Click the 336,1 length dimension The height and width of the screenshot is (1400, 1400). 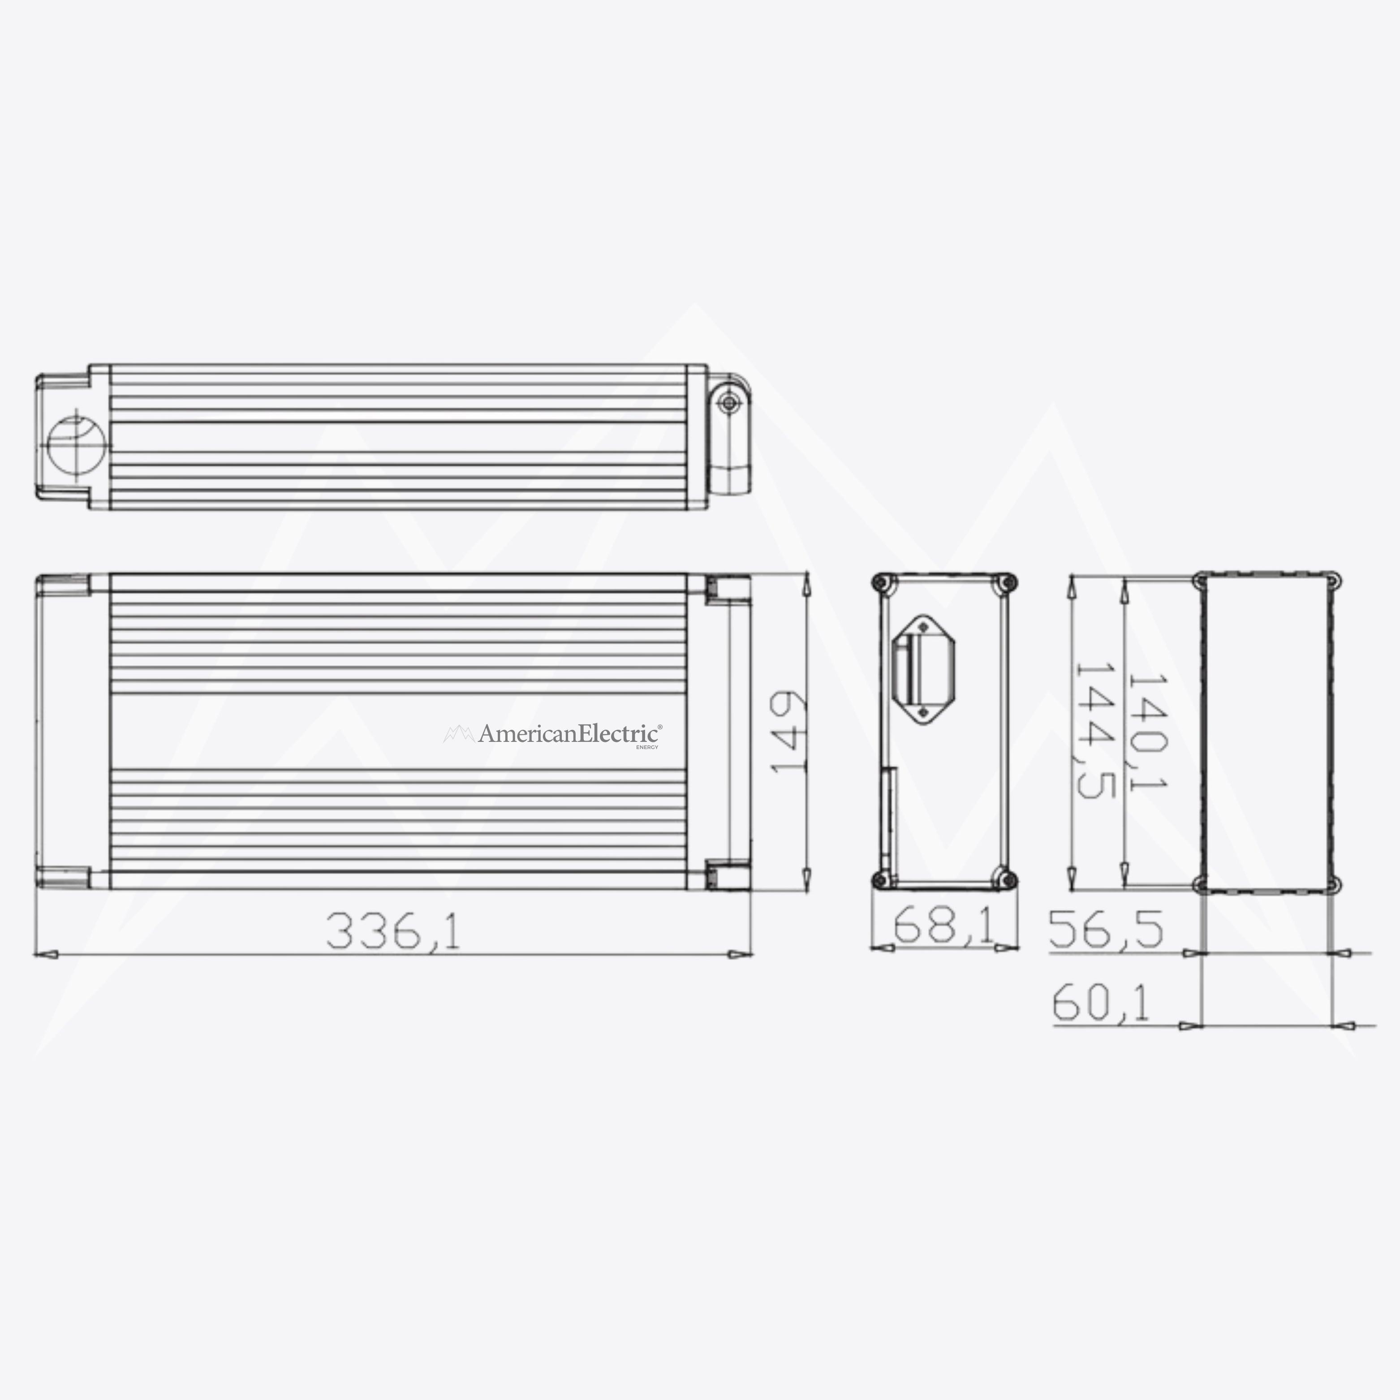tap(393, 931)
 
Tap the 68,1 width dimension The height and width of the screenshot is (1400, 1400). tap(942, 926)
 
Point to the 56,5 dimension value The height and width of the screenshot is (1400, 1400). tap(1106, 930)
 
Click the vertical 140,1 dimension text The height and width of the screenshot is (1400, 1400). tap(1147, 732)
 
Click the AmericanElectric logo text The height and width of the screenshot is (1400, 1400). tap(569, 734)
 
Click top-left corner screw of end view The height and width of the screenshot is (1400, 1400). tap(882, 582)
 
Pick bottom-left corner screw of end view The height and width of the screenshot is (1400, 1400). tap(882, 880)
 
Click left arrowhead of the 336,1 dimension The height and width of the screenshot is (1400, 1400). tap(45, 954)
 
